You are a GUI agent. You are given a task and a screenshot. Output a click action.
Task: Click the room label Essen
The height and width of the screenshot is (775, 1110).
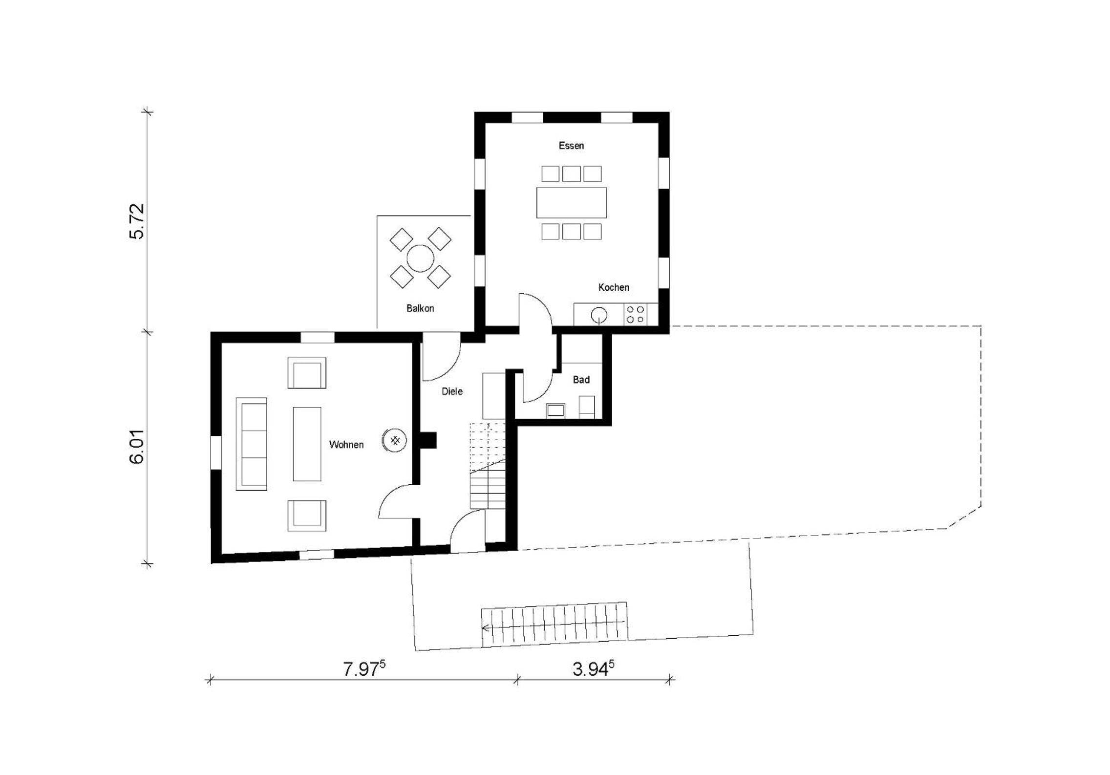571,146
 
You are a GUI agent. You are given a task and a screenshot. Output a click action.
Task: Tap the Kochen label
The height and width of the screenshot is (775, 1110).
614,287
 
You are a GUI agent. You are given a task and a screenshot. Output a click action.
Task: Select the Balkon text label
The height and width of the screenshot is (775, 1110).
420,308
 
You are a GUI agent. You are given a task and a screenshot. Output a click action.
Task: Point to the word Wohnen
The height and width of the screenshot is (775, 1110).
346,445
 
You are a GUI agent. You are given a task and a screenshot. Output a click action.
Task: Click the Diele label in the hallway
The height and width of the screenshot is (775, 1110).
452,391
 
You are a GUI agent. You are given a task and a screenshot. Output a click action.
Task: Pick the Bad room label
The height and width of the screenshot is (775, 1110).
581,380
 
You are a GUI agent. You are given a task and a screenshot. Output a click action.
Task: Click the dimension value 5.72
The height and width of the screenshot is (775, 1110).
137,221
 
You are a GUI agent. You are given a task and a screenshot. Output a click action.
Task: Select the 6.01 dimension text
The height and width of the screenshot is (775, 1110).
137,447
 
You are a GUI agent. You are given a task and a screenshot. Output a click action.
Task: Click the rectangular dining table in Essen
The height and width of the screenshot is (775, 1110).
571,202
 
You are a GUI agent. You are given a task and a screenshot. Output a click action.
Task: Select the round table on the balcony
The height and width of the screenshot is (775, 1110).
420,258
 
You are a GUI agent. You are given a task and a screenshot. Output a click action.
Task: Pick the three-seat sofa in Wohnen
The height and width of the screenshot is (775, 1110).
252,444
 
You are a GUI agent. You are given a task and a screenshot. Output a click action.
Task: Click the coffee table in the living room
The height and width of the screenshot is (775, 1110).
307,444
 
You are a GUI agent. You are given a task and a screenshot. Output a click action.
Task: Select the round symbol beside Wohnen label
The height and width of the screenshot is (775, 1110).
395,441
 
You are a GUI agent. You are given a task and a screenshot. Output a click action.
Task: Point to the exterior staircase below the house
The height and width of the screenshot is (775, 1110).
554,624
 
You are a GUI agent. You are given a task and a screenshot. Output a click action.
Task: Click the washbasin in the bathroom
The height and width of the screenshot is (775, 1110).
555,410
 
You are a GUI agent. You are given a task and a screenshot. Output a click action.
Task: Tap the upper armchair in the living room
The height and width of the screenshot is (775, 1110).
307,372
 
